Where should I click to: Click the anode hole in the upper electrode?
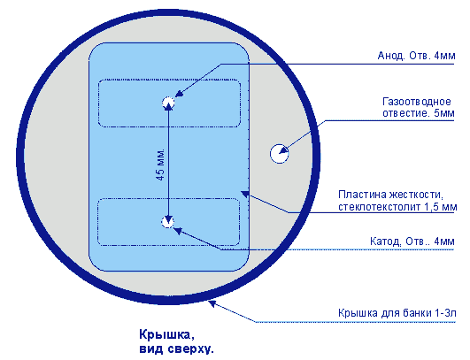(x=168, y=103)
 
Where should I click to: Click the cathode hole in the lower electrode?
(x=167, y=222)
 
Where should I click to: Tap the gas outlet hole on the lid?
(x=280, y=153)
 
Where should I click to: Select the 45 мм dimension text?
(x=160, y=165)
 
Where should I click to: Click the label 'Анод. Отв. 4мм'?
(x=416, y=56)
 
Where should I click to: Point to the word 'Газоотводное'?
(x=417, y=102)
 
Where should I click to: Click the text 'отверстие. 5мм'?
(x=419, y=113)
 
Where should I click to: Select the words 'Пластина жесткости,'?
(x=390, y=195)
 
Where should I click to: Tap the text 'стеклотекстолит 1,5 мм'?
(x=397, y=207)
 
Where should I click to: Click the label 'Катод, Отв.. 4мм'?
(x=412, y=241)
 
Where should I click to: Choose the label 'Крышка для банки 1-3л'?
(x=397, y=313)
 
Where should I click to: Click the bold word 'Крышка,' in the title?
(x=166, y=335)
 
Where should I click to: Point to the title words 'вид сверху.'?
(x=176, y=349)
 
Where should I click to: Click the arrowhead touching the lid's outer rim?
(x=212, y=304)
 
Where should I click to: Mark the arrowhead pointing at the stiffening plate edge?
(x=245, y=194)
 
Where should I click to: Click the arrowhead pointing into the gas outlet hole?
(x=283, y=150)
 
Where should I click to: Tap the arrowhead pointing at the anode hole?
(x=179, y=93)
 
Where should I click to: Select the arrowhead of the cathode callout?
(x=178, y=231)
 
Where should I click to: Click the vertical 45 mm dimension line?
(x=168, y=163)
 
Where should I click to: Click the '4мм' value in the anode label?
(x=444, y=56)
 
